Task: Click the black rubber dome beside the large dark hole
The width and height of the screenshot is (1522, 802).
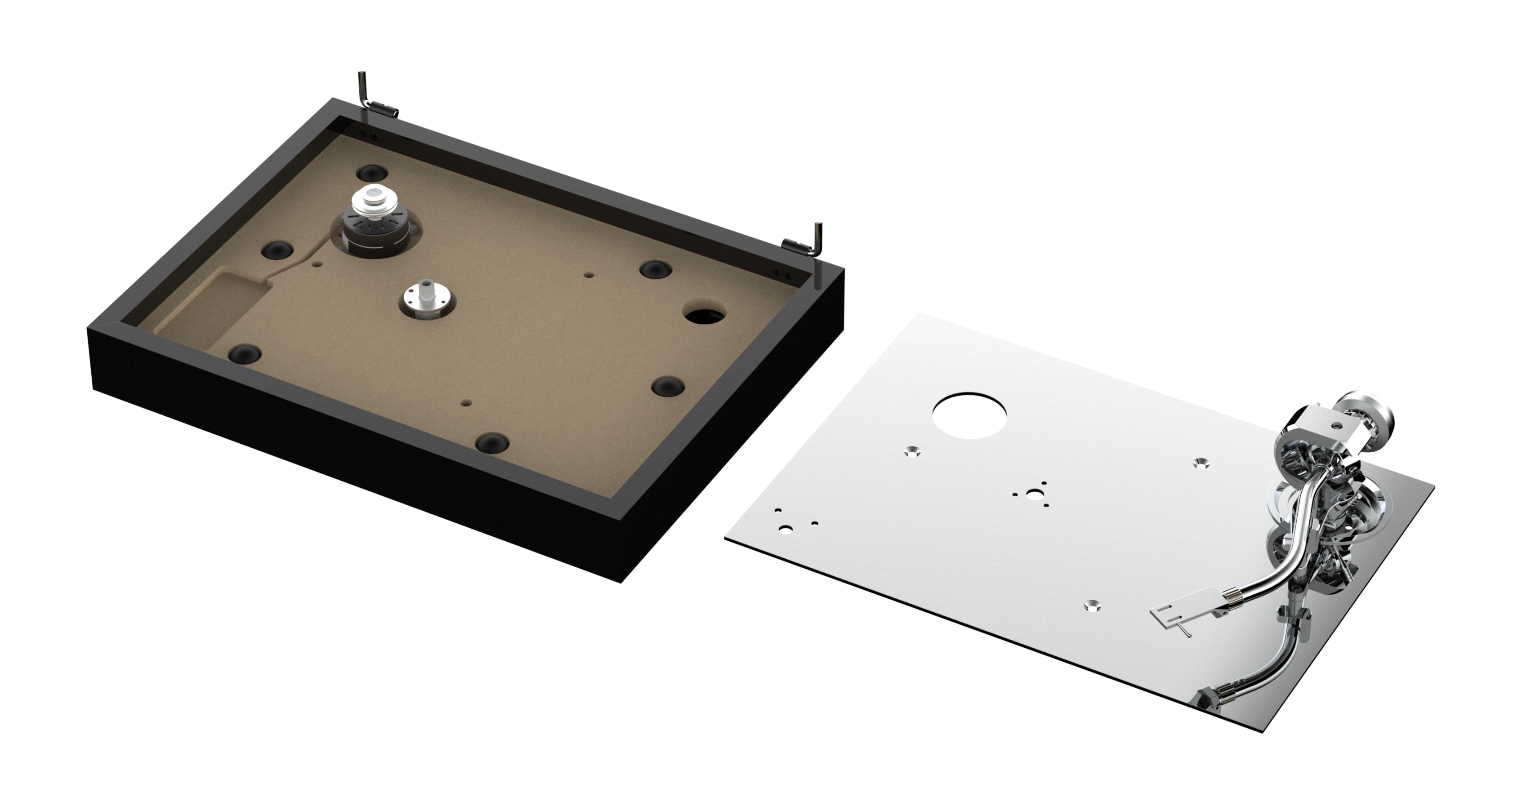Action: [x=656, y=269]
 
